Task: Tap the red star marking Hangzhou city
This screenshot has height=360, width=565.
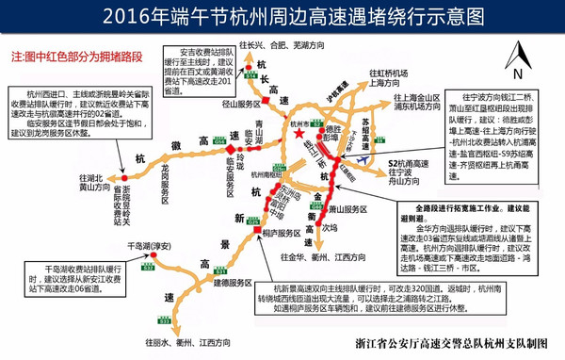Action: click(299, 136)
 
